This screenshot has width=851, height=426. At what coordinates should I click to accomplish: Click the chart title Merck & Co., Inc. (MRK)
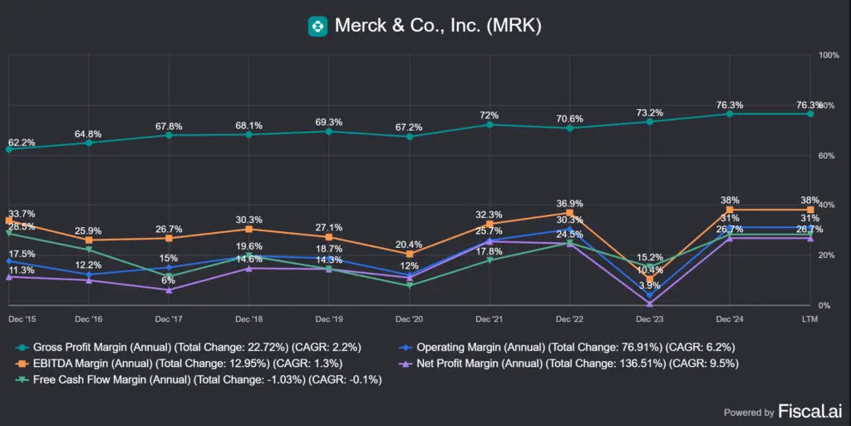point(438,26)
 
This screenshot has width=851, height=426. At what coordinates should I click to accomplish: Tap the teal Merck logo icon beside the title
point(317,26)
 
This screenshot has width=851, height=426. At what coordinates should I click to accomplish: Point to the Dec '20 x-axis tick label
point(409,319)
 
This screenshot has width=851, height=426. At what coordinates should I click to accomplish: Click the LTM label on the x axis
point(809,319)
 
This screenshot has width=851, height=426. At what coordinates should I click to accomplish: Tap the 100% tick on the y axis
point(829,55)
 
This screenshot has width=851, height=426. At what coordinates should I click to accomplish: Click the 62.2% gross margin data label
point(22,142)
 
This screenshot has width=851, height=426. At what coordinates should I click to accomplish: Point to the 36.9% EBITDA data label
point(569,203)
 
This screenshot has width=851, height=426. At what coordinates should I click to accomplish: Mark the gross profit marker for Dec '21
point(489,125)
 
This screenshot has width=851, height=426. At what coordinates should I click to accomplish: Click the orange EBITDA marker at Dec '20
point(409,254)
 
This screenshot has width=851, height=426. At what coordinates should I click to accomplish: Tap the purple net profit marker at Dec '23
point(649,304)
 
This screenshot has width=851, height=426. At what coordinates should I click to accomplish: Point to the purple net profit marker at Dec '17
point(169,290)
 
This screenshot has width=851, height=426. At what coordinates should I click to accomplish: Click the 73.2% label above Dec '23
point(650,112)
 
